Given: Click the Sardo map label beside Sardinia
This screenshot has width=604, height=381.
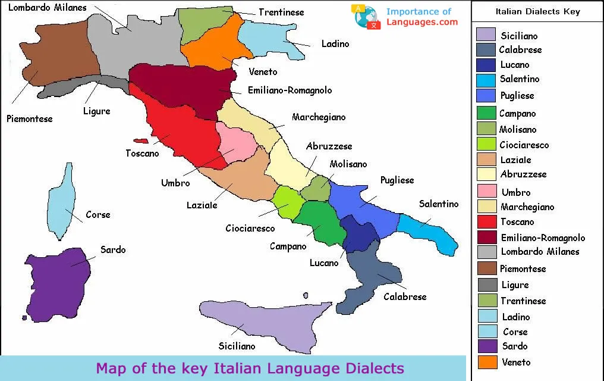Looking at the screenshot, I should [x=113, y=250].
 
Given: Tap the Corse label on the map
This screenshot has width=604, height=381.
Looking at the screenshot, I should [x=98, y=215].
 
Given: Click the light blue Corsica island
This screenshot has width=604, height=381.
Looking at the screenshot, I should [x=61, y=202].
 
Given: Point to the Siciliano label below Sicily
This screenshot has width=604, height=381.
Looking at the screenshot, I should [x=237, y=346].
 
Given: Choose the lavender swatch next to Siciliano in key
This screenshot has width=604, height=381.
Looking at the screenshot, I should [x=486, y=35].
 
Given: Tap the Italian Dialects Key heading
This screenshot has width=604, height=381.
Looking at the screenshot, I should [x=537, y=11].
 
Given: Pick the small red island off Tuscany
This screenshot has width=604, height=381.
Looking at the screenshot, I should [x=140, y=141].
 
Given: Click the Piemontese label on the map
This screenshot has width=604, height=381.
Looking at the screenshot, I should [x=29, y=119].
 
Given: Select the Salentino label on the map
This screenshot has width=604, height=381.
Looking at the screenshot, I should [x=439, y=204].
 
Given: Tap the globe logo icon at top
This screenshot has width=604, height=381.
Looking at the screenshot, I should [x=367, y=17].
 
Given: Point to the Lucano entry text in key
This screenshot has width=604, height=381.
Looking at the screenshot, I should [x=514, y=65].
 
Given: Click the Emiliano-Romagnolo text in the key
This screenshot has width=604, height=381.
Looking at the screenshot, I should [x=543, y=238].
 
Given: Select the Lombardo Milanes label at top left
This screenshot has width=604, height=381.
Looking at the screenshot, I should [x=47, y=8].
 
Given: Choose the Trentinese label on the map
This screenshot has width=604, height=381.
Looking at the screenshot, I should [x=281, y=13].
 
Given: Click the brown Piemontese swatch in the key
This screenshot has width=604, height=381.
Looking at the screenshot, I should [x=487, y=268].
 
